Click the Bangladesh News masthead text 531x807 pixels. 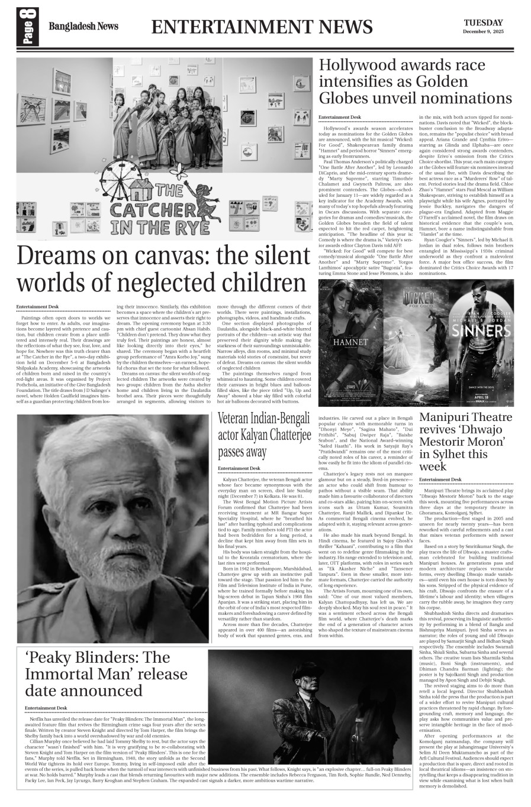coord(83,27)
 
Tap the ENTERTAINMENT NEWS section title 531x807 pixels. coord(262,27)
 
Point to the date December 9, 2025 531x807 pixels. coord(483,31)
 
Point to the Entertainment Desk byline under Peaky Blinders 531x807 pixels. coord(46,708)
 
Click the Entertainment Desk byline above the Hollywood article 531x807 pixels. coord(339,118)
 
